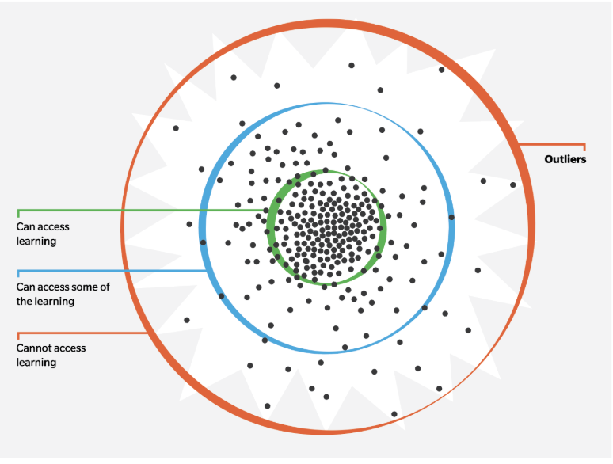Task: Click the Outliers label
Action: [x=565, y=159]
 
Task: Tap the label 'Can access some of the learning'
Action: [x=63, y=294]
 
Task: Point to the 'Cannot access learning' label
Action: [x=51, y=355]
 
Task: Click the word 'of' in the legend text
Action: [x=105, y=287]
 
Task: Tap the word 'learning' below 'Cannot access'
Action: [x=36, y=363]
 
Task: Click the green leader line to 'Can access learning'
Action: [x=143, y=211]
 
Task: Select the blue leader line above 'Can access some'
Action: [x=111, y=271]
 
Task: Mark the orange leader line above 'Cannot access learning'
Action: [x=79, y=333]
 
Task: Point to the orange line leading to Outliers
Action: [x=554, y=144]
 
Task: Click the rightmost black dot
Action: [x=513, y=185]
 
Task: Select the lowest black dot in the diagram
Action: [x=394, y=413]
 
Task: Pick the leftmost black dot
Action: [x=176, y=128]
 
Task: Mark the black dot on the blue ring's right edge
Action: [x=451, y=217]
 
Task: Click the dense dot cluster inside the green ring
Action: [x=326, y=226]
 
